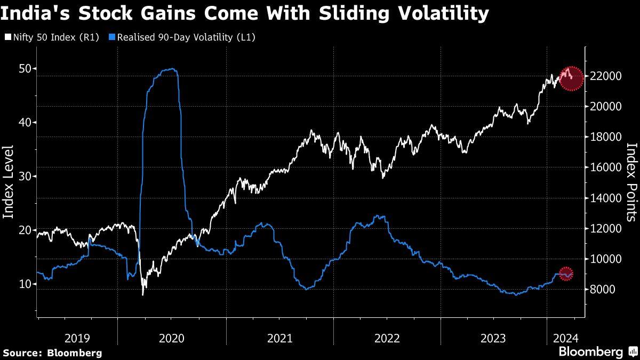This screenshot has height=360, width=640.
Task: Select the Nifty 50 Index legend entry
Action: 52,37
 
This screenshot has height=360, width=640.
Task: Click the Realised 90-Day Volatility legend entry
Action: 182,37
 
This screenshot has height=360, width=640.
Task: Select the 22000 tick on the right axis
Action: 603,76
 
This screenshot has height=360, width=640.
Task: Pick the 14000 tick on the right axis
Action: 603,198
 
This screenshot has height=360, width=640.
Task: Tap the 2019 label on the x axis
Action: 77,338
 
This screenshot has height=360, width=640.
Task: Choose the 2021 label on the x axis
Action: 279,338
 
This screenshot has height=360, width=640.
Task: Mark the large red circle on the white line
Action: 571,78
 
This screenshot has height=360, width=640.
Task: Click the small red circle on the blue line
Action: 566,274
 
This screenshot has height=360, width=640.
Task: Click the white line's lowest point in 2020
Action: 143,294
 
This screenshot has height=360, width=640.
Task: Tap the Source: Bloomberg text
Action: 52,353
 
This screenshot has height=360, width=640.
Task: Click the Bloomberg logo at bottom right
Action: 597,352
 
